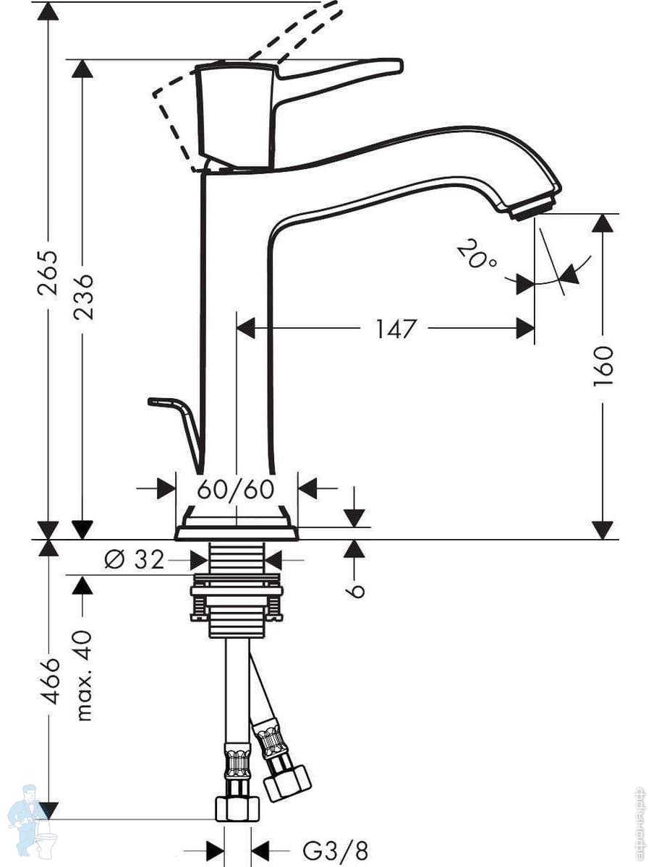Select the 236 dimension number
(84, 296)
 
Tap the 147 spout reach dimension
(396, 329)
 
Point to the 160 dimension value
(603, 366)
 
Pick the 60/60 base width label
(236, 489)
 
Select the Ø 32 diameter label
(135, 559)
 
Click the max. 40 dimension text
(84, 676)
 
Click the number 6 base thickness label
(354, 590)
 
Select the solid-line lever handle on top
(340, 73)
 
